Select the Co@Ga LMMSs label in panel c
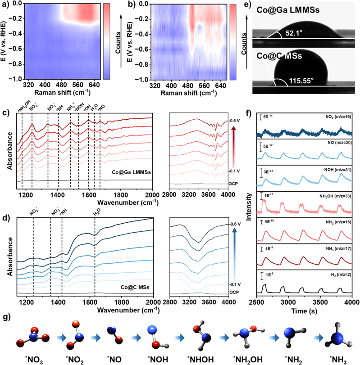pos(125,171)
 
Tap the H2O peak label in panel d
pos(95,208)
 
